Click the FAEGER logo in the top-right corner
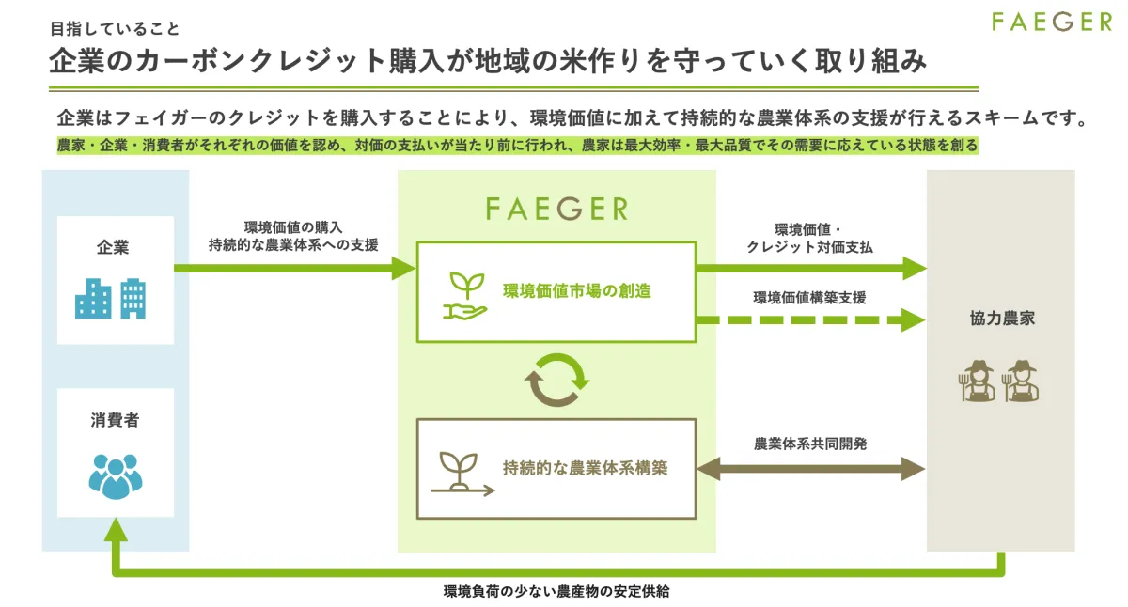[x=1052, y=23]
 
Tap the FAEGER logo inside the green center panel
[x=556, y=209]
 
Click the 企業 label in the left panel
[x=113, y=247]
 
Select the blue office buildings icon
[x=110, y=299]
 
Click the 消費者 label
[x=115, y=420]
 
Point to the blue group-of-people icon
[x=116, y=476]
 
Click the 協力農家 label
[x=1002, y=319]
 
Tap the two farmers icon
[x=998, y=381]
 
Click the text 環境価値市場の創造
[x=577, y=291]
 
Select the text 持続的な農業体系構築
[x=585, y=468]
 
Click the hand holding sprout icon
[x=464, y=296]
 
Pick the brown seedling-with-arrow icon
[x=462, y=475]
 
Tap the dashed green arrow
[x=810, y=320]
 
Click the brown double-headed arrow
[x=810, y=469]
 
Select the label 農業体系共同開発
[x=810, y=444]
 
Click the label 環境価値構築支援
[x=809, y=298]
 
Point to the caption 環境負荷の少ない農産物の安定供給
[x=556, y=591]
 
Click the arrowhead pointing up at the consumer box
[x=116, y=530]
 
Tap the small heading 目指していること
[x=115, y=29]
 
